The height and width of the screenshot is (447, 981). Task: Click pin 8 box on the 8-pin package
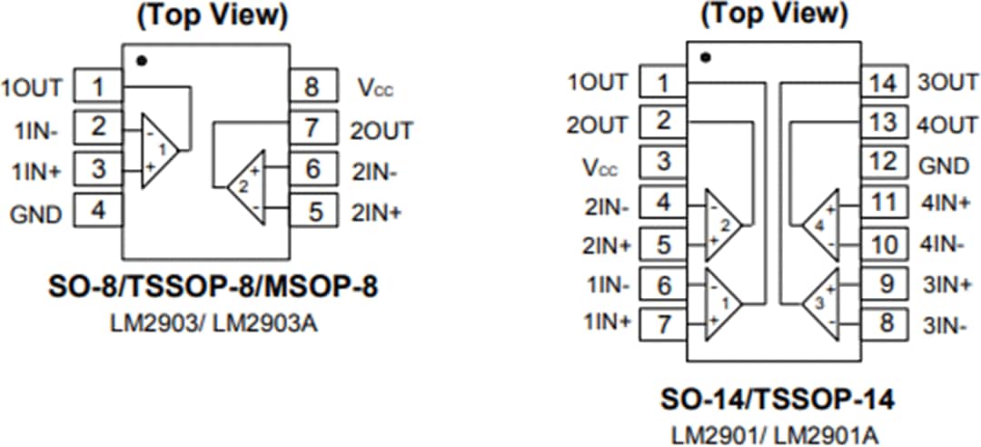[312, 87]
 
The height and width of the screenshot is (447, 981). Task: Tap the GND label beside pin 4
[36, 214]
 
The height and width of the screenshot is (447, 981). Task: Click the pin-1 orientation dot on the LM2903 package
[140, 61]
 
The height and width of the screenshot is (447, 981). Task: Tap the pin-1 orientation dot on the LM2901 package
[706, 57]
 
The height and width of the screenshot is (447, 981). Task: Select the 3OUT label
[946, 84]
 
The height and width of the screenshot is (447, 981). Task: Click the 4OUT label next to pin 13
[946, 124]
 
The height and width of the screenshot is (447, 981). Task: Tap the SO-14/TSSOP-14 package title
[777, 399]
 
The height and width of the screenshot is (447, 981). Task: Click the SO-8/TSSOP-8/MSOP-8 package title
[212, 287]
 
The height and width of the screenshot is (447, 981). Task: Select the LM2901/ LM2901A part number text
[775, 433]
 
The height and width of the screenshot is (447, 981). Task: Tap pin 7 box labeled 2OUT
[312, 128]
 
